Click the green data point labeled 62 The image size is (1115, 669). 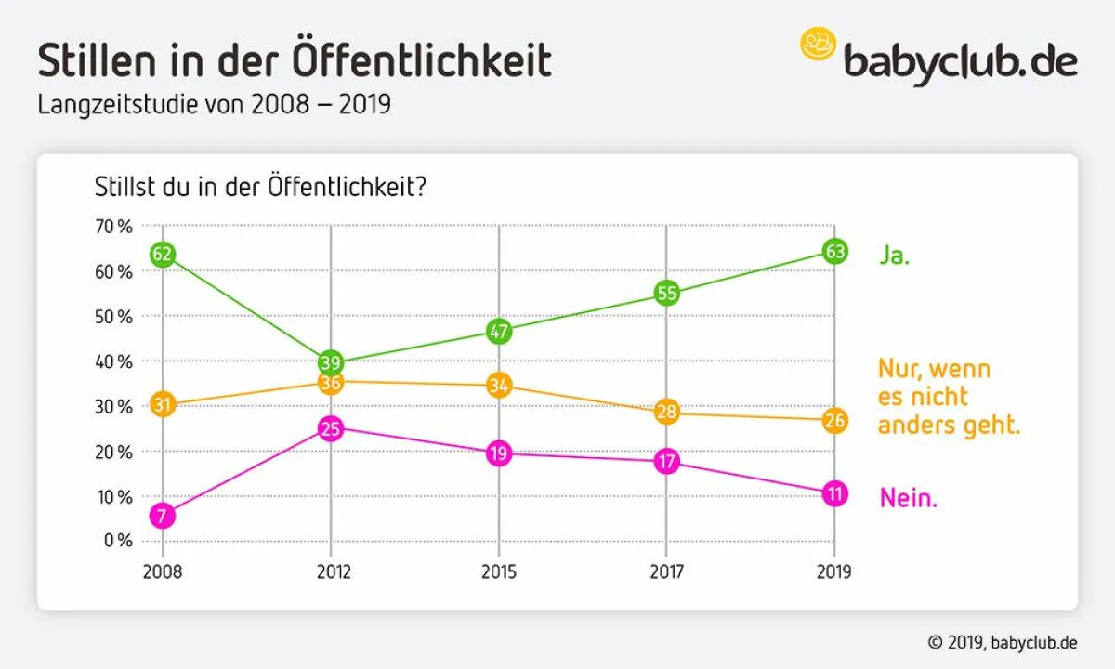point(163,254)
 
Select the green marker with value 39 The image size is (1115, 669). point(331,362)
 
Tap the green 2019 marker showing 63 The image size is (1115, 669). point(834,251)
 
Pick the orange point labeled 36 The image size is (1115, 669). point(331,382)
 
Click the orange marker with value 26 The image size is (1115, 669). point(834,420)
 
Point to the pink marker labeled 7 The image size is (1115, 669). point(163,517)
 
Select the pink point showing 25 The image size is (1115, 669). point(331,428)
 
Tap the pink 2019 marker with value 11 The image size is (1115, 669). point(834,494)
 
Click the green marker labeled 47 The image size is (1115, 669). point(499,331)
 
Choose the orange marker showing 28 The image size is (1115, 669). point(666,412)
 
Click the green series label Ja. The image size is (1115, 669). point(895,256)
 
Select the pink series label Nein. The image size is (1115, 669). point(909,499)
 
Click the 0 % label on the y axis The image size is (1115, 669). point(117,541)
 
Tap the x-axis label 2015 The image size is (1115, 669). point(499,572)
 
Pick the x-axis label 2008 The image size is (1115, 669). point(163,572)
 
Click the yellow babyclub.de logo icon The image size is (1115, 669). point(819,45)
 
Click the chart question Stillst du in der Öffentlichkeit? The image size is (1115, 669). point(260,187)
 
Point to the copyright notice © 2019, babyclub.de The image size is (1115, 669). point(1003,642)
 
